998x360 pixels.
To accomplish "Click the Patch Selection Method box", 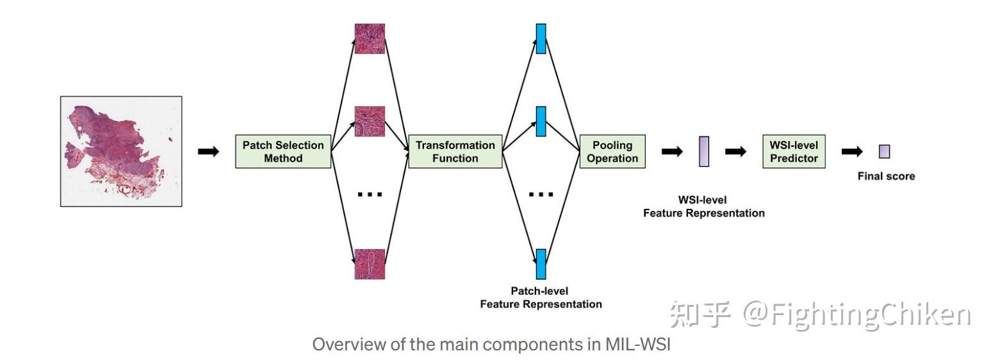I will point(282,152).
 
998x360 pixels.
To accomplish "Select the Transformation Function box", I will point(455,152).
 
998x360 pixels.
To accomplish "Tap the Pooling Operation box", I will point(612,152).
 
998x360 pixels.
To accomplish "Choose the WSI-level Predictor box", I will point(794,152).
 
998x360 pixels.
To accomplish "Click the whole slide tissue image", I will point(121,151).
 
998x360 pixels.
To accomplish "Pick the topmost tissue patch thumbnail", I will point(370,39).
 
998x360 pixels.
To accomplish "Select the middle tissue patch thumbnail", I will point(370,122).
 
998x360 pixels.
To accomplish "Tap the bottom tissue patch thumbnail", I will point(370,264).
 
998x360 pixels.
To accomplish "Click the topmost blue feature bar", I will point(541,39).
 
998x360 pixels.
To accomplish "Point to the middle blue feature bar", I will point(541,122).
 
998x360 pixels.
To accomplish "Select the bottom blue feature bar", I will point(541,264).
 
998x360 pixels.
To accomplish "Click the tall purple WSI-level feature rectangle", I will point(704,152).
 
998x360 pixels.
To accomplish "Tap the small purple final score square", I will point(884,152).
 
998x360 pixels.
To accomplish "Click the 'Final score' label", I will point(886,176).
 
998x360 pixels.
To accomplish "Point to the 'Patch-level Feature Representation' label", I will point(541,298).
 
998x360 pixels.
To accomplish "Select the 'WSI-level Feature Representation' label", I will point(704,206).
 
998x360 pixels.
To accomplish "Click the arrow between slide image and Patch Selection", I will point(208,152).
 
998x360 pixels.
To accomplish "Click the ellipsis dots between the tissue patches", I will point(370,194).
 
